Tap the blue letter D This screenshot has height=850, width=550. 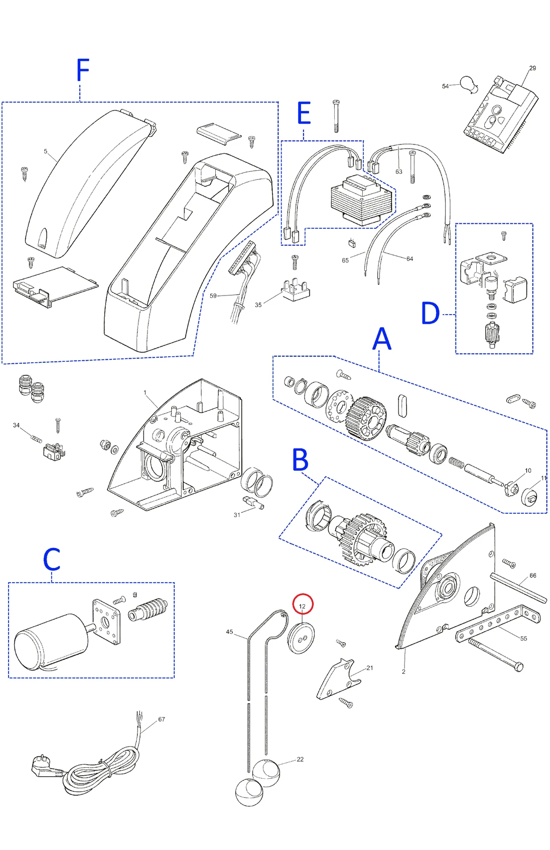pos(430,314)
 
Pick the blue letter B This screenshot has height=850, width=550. pos(300,460)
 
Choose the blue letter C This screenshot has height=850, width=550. pos(52,559)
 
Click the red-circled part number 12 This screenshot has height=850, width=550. pos(303,606)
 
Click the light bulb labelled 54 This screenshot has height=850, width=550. pos(469,84)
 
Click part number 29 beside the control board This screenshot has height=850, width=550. pos(532,68)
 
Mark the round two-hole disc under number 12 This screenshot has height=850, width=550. pos(301,638)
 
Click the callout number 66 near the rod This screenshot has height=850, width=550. pos(532,576)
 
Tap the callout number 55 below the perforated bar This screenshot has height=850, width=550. pos(523,639)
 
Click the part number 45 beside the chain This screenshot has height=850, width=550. pos(229,632)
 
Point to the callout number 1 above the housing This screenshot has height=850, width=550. pos(145,393)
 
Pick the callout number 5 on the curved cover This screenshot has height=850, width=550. pos(46,151)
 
